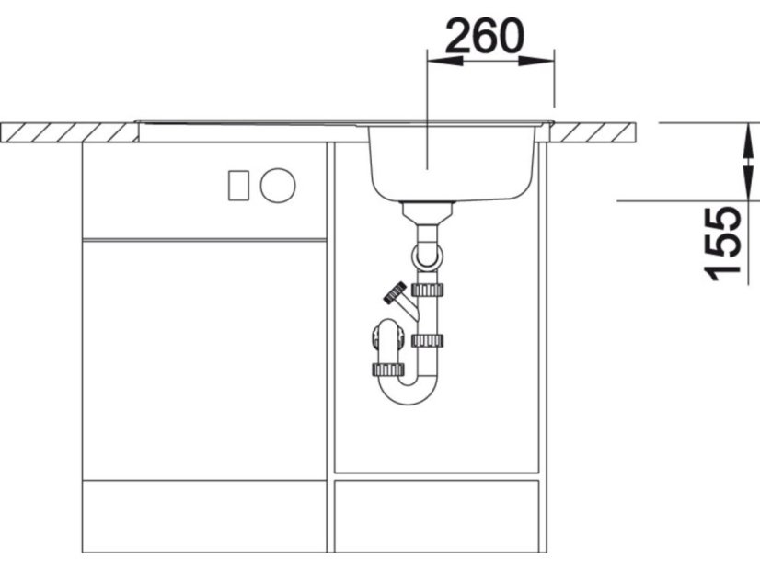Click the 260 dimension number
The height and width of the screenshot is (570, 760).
[x=485, y=36]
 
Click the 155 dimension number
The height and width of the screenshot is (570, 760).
[x=722, y=244]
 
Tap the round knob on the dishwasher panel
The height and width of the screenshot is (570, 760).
[x=278, y=186]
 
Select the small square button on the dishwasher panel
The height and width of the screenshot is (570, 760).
[x=238, y=186]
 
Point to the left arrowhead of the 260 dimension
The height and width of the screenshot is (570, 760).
[x=444, y=61]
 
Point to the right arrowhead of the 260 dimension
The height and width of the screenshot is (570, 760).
[x=536, y=61]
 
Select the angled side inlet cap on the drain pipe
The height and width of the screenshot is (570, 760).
[x=396, y=292]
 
